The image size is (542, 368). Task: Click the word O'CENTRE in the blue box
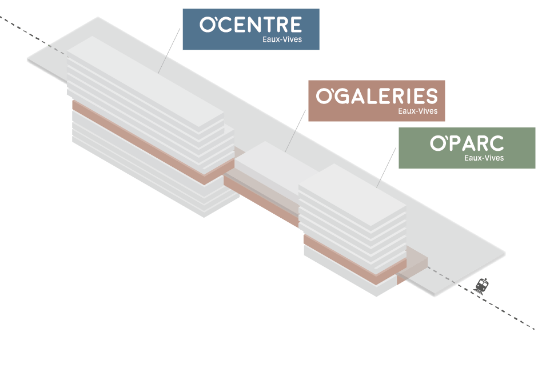tap(250, 25)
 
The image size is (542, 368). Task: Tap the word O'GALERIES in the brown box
tap(376, 96)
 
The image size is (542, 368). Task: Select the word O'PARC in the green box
tap(467, 143)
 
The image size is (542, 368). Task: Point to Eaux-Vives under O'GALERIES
tap(417, 111)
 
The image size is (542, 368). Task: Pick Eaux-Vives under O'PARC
tap(484, 158)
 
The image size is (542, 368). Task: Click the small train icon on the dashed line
tap(484, 284)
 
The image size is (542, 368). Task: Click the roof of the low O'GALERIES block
tap(269, 163)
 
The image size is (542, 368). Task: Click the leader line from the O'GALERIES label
tap(297, 131)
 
